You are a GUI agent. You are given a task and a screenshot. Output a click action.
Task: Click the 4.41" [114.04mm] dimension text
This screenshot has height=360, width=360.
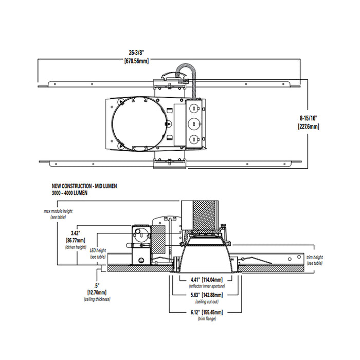coord(205,280)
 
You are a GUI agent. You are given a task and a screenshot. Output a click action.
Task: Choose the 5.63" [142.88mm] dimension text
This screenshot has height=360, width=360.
coord(205,295)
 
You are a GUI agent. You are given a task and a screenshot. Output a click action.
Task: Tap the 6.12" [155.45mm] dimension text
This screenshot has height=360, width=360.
coord(205,312)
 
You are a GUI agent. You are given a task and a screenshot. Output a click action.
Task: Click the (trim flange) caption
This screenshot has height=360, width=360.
coord(205,319)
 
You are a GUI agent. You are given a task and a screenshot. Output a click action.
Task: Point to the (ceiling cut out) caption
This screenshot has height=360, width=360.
coord(205,302)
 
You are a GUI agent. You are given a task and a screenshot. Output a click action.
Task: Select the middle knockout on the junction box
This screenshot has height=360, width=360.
coord(194,124)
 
